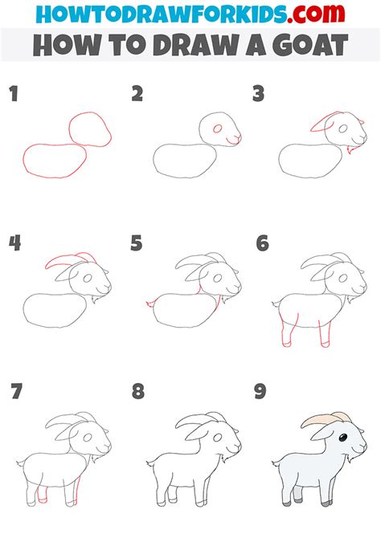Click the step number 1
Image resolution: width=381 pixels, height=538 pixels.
coord(13,95)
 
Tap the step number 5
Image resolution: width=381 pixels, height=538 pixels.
coord(137,243)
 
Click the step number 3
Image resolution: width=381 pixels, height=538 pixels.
coord(259,95)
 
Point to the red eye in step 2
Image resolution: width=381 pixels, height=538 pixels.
coord(216,129)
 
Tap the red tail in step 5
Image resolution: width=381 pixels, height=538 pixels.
coord(149,303)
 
